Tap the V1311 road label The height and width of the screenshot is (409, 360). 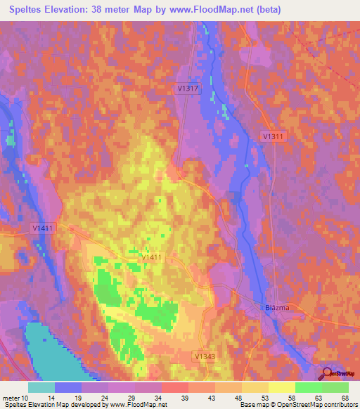274,136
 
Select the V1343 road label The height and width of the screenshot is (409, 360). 205,357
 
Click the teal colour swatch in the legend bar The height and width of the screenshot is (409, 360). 41,387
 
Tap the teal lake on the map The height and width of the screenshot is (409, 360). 35,351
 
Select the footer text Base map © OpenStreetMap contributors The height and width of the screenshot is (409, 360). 298,404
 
